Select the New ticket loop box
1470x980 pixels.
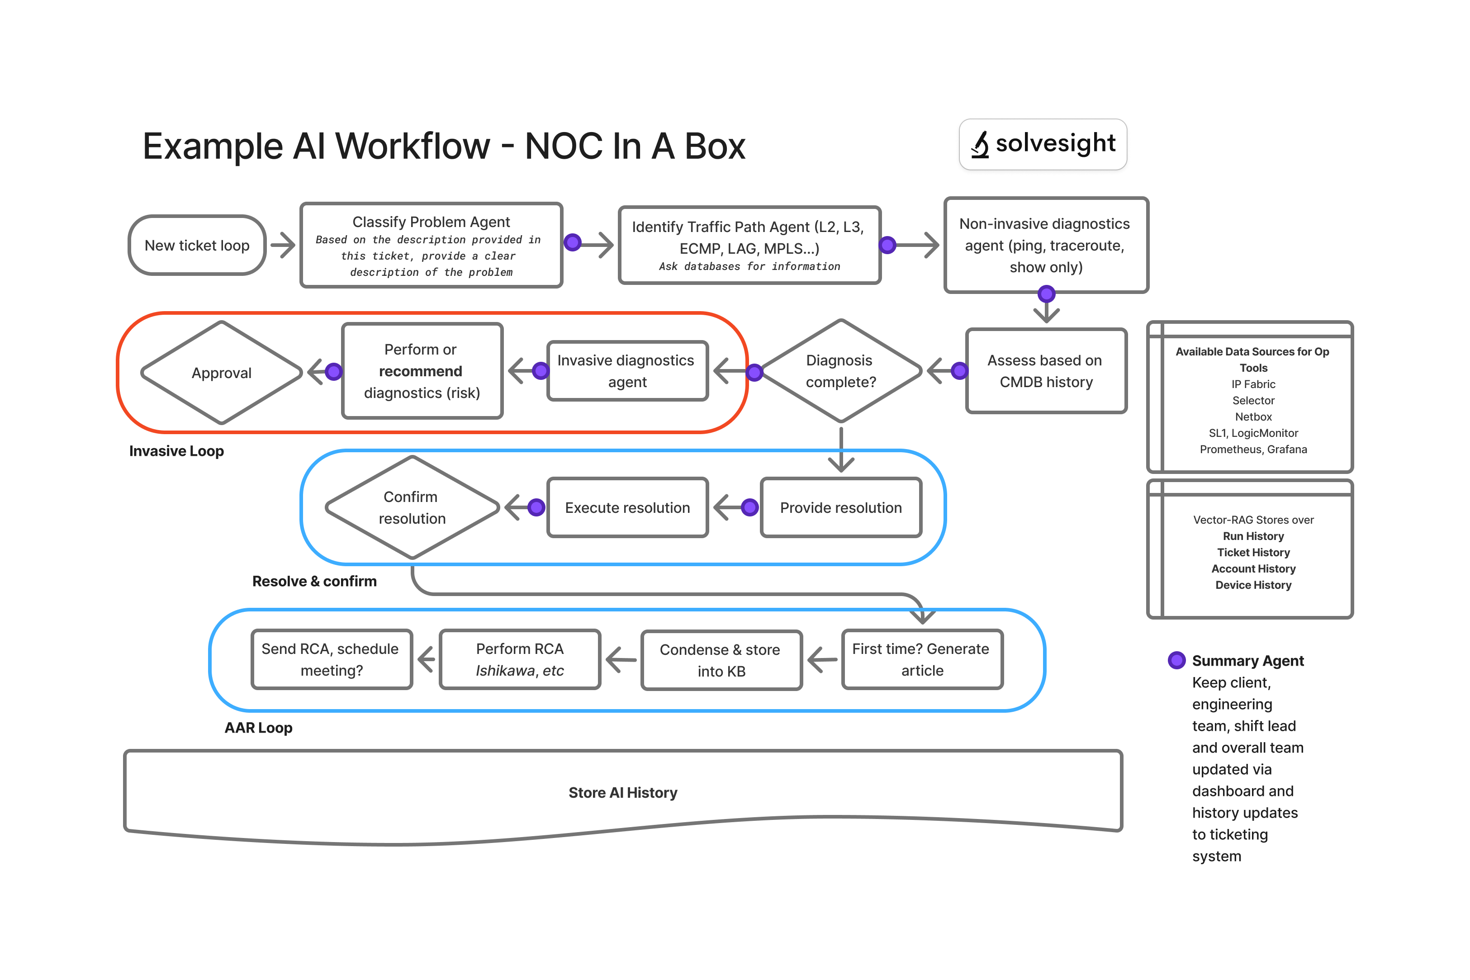pyautogui.click(x=197, y=246)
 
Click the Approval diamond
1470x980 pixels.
pyautogui.click(x=221, y=373)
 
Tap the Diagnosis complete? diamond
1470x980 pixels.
pyautogui.click(x=841, y=371)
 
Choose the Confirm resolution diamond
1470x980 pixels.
pyautogui.click(x=412, y=507)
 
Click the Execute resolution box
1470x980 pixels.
pyautogui.click(x=627, y=507)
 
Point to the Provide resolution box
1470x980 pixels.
pyautogui.click(x=841, y=507)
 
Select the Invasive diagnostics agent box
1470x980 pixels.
pyautogui.click(x=627, y=371)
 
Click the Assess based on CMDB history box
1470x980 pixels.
pyautogui.click(x=1046, y=371)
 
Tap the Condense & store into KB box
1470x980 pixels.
pyautogui.click(x=721, y=660)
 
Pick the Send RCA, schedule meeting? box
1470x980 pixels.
pyautogui.click(x=331, y=659)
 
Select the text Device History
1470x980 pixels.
pyautogui.click(x=1253, y=585)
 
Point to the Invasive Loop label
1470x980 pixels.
pyautogui.click(x=176, y=451)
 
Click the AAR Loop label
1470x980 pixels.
pyautogui.click(x=258, y=728)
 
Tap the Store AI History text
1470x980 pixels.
pyautogui.click(x=622, y=792)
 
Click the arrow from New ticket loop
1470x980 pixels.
pyautogui.click(x=283, y=245)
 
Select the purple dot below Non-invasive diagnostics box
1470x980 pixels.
pyautogui.click(x=1046, y=294)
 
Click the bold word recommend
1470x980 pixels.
pyautogui.click(x=421, y=371)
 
